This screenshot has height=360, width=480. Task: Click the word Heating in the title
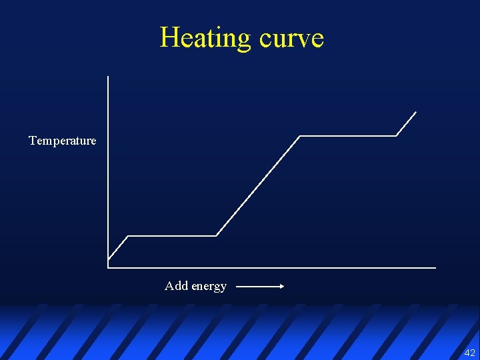(x=205, y=38)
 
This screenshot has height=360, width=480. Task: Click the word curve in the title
(x=291, y=38)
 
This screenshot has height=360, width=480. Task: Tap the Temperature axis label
(x=63, y=141)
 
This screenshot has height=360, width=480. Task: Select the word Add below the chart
(x=176, y=285)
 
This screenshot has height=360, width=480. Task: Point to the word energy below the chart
(x=209, y=286)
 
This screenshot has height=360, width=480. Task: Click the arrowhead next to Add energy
(x=281, y=287)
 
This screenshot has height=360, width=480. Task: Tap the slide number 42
(x=469, y=353)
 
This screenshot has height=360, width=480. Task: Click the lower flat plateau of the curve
(x=172, y=236)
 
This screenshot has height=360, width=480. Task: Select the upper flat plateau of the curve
(x=348, y=136)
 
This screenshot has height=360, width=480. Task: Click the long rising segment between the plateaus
(x=258, y=186)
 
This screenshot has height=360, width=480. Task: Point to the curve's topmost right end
(x=416, y=112)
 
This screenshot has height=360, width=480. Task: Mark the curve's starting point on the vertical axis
(x=109, y=259)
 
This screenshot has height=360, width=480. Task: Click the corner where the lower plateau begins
(x=127, y=236)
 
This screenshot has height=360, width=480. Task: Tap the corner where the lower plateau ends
(x=217, y=236)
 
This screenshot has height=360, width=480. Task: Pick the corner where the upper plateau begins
(x=300, y=136)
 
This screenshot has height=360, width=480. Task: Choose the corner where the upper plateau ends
(x=397, y=136)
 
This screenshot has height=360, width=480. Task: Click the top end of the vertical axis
(x=108, y=76)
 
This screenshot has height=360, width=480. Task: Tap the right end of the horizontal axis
(x=435, y=268)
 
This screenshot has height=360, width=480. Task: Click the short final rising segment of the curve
(x=407, y=124)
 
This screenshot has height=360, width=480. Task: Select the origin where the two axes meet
(x=108, y=268)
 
